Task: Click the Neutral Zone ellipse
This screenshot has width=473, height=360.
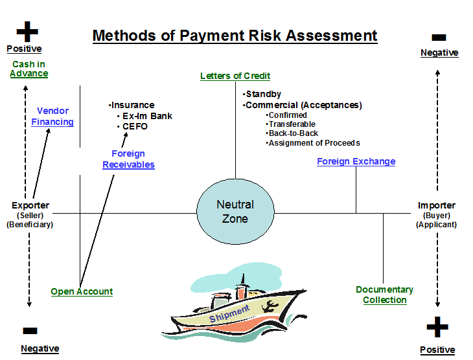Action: [x=235, y=212]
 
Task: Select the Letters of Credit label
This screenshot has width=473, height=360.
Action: [x=235, y=76]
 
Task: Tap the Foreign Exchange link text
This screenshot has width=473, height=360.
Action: [x=356, y=162]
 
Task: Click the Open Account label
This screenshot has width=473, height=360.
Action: [x=82, y=291]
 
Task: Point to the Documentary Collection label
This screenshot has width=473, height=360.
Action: [x=385, y=295]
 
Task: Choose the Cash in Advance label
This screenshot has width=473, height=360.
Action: [x=29, y=69]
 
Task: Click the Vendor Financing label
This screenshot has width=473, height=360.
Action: [x=52, y=117]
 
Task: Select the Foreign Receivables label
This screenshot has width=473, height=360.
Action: [x=128, y=159]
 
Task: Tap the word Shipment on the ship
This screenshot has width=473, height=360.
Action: [x=229, y=313]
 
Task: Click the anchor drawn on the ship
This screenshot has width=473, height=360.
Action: [x=270, y=307]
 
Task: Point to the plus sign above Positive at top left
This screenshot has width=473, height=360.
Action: [x=27, y=31]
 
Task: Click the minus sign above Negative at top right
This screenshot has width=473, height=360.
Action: [x=439, y=38]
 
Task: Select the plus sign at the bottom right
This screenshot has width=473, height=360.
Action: [x=437, y=327]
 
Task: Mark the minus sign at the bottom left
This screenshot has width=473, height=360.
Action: [x=30, y=331]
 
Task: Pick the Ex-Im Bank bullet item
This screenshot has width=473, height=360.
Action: [x=144, y=116]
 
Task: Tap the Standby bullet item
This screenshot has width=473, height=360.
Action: [x=262, y=95]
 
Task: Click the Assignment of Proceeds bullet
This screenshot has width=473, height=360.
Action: [x=313, y=143]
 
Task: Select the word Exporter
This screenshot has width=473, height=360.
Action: [x=30, y=205]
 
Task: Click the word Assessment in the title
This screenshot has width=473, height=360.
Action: [x=331, y=36]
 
